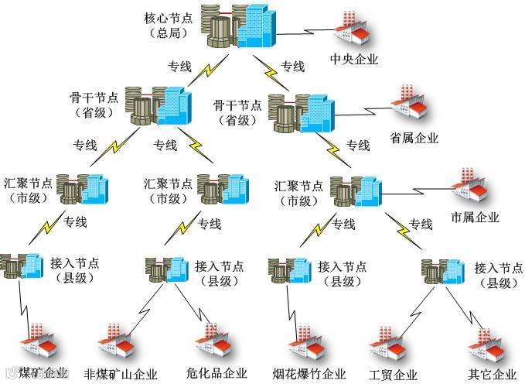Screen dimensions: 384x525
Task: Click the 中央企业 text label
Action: [353, 59]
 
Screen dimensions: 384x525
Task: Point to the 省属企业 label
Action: [414, 139]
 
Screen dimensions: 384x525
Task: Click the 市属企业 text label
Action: [475, 217]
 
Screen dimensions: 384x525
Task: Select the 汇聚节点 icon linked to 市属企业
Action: [356, 189]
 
